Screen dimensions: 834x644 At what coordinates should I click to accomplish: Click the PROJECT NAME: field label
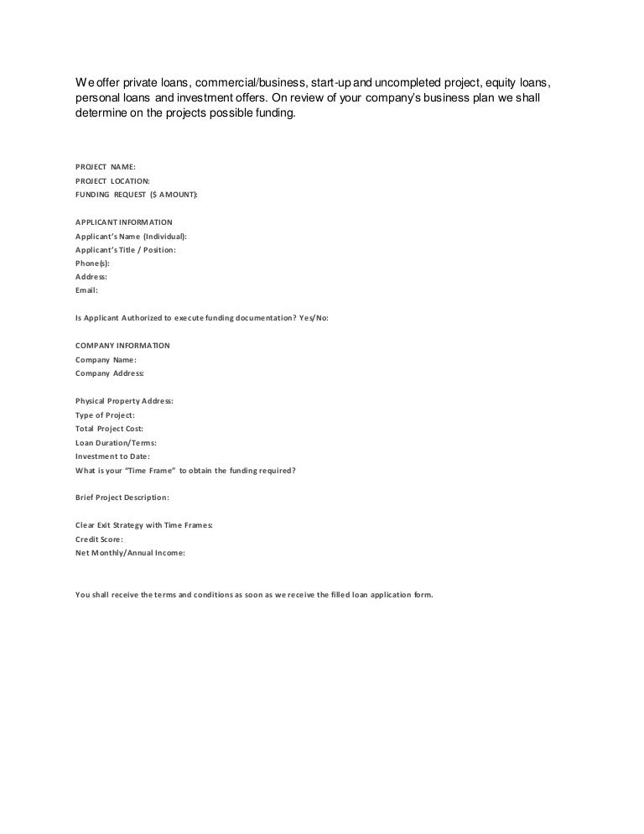point(105,167)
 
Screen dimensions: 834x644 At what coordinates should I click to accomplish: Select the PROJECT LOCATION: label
point(112,180)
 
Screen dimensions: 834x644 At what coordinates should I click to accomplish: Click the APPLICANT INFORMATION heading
point(124,222)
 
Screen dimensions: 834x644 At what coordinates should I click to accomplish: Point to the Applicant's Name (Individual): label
point(131,236)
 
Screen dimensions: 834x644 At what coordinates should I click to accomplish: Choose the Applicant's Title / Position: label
point(126,249)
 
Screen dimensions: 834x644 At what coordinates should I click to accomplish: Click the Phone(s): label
point(92,263)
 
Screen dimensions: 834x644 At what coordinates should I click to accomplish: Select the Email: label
point(86,289)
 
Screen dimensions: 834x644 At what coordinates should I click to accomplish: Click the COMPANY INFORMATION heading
point(122,345)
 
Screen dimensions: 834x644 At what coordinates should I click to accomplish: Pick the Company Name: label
point(106,359)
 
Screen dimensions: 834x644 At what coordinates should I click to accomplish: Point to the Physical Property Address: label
point(124,401)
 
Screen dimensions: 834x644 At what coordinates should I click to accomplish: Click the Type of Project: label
point(105,414)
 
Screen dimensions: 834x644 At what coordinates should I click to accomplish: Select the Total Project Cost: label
point(109,428)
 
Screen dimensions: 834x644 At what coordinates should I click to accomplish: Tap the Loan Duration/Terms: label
point(116,442)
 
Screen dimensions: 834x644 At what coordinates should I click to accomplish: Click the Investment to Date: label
point(112,456)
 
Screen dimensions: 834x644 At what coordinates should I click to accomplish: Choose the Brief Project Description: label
point(122,497)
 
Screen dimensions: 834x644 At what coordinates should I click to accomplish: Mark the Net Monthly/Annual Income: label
point(130,553)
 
